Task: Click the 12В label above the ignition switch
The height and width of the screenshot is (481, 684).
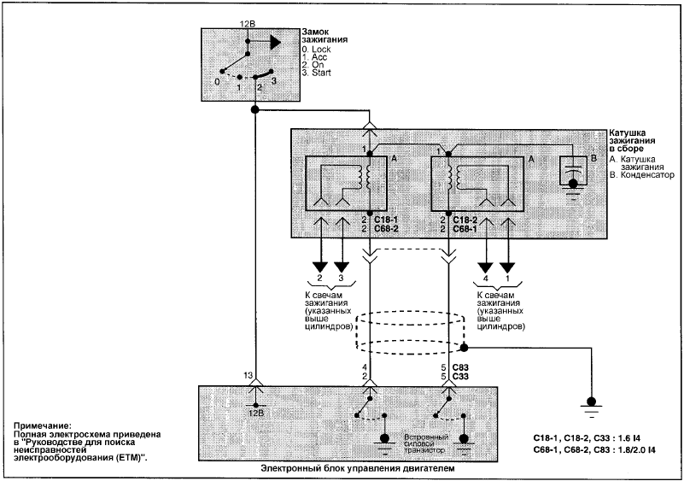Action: pos(247,23)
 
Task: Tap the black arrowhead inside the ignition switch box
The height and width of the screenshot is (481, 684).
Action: pos(275,42)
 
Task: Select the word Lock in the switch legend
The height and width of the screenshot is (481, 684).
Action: pos(321,50)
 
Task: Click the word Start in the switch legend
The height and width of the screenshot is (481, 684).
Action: pos(321,73)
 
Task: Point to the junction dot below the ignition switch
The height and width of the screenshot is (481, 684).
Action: pos(254,110)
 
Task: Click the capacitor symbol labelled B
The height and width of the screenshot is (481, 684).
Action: pos(573,174)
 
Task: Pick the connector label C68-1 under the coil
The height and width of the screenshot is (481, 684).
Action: pos(465,228)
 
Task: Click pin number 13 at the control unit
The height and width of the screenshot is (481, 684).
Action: pos(248,375)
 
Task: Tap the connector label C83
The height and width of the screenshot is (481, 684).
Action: pos(460,367)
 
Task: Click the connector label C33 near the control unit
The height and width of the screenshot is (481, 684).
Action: pos(460,376)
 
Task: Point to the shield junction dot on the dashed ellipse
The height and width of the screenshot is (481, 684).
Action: pos(465,348)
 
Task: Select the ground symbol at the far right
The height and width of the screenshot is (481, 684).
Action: pos(591,407)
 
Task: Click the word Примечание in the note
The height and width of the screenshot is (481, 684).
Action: pos(42,425)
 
